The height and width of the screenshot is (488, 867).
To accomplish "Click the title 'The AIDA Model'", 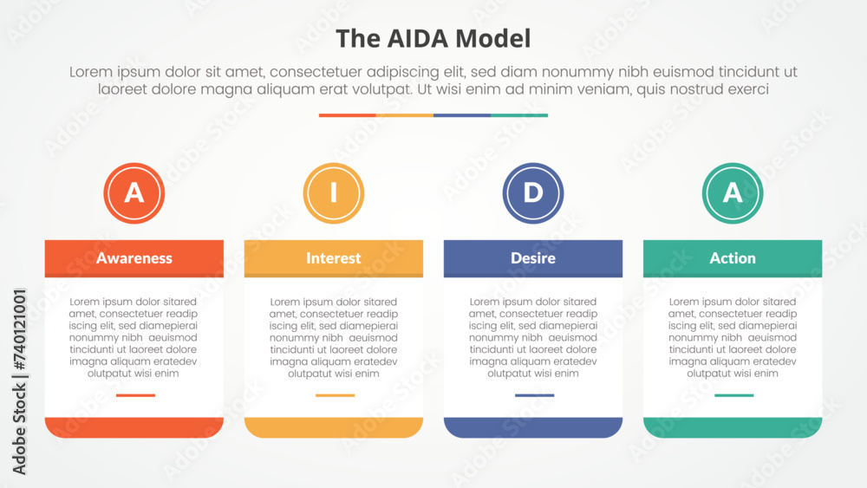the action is pos(433,39).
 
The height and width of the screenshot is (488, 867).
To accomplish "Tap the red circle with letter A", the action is pos(134,193).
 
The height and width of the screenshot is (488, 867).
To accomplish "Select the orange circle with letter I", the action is pos(334,193).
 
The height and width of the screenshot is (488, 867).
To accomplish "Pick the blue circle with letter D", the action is pos(533,193).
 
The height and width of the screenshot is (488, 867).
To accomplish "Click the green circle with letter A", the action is pos(733,193).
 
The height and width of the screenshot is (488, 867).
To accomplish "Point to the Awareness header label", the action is pos(134,258).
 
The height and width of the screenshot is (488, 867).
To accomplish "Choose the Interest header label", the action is pos(334,258).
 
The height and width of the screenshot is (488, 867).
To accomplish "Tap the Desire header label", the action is pos(533,258).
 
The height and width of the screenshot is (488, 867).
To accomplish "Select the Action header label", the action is pos(733,258).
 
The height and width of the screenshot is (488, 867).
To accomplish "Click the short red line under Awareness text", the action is pos(135,395).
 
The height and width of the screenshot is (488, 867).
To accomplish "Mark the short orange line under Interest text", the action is pos(335,395).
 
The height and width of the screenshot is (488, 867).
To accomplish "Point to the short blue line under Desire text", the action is pos(534,395).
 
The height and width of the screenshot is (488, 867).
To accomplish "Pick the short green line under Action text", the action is pos(733,395).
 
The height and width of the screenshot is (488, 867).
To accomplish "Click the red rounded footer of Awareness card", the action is pos(134,427).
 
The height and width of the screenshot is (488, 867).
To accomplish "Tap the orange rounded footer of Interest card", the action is pos(334,427).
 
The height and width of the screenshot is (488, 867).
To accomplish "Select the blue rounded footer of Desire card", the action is pos(533,427).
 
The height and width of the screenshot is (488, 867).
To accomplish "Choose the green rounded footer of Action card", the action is pos(733,427).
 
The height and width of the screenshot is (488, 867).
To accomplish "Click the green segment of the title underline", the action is pos(519,115).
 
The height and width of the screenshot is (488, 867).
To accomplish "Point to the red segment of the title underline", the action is pos(348,115).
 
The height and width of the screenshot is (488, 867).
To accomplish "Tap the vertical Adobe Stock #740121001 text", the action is pos(19,381).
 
